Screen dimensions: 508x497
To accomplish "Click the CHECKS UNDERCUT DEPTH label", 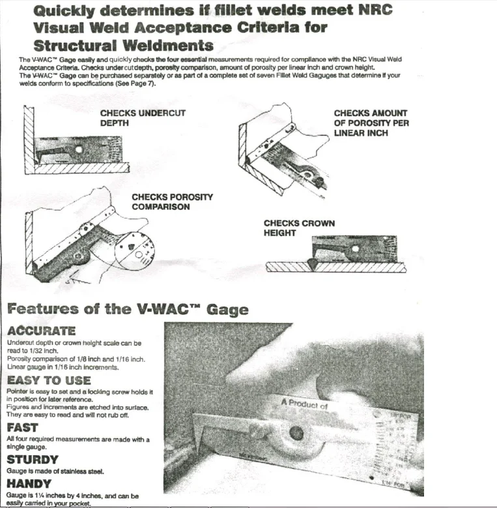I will (x=143, y=117).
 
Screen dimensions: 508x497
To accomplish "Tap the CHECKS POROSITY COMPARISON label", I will (x=172, y=202).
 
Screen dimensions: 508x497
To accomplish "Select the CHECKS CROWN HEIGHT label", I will (x=299, y=228).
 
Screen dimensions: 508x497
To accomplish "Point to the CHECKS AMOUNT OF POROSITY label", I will (x=371, y=123).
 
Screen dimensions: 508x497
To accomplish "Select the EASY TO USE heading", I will (x=49, y=380).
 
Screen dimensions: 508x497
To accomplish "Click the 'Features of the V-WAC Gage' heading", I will (x=128, y=309).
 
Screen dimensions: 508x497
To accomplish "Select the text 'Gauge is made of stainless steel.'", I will (x=55, y=471).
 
